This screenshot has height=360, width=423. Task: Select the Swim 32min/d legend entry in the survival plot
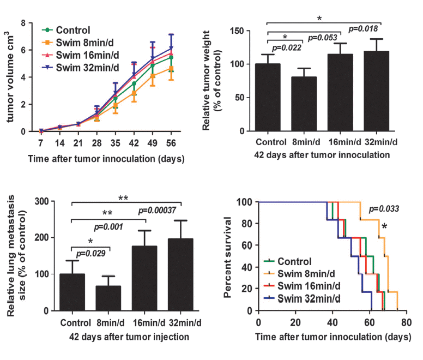309,298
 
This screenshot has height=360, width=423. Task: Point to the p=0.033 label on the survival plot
384,209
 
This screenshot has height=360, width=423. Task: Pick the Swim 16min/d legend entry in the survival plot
309,285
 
